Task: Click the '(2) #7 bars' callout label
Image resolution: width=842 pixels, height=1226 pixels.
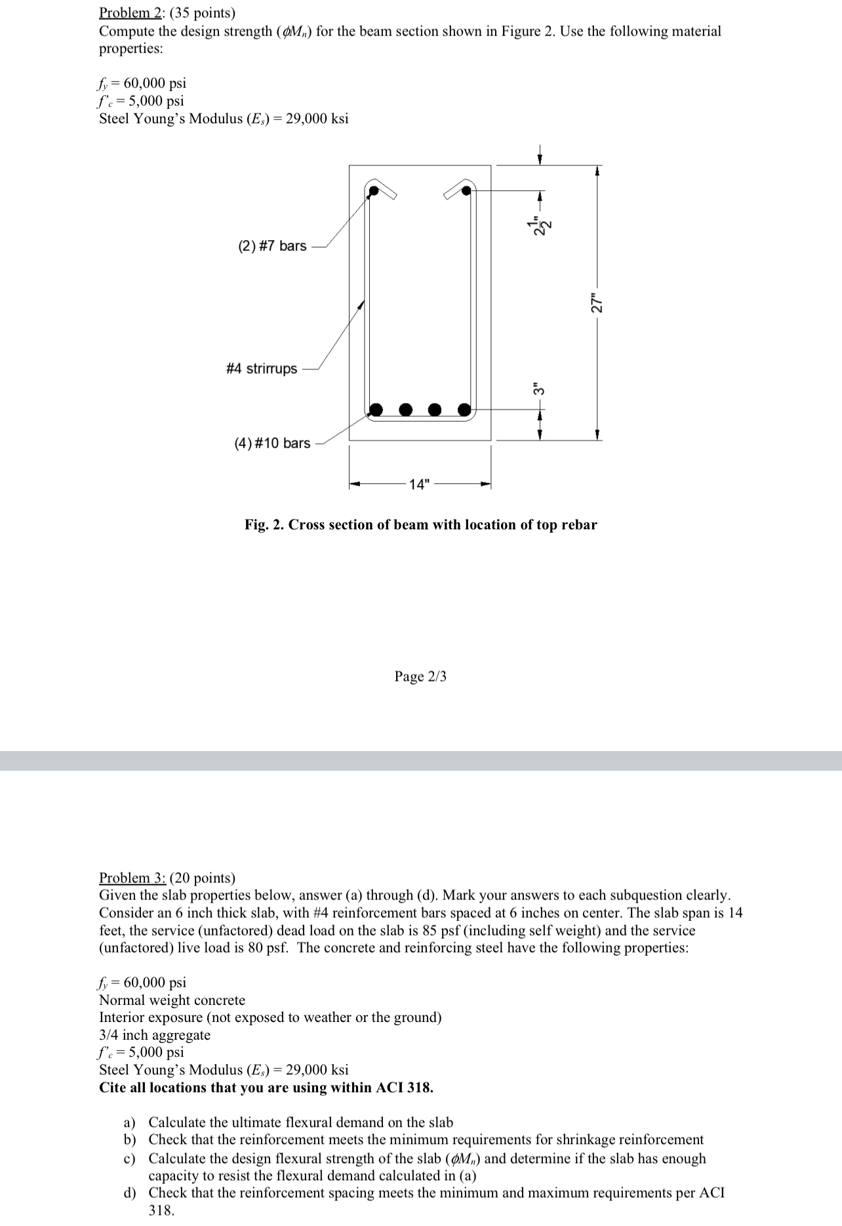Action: [x=271, y=246]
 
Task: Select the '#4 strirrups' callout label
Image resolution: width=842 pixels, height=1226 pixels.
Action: [x=262, y=369]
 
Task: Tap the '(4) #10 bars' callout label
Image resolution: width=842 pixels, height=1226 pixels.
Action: [x=272, y=443]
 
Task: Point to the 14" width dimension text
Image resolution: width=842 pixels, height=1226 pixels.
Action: [x=420, y=485]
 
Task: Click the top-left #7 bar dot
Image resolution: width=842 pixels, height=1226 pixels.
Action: [x=374, y=192]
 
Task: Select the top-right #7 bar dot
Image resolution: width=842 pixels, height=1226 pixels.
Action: [x=466, y=191]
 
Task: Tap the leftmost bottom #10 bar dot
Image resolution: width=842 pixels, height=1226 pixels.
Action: [x=376, y=410]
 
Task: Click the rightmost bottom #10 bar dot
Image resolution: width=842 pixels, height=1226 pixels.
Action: [x=464, y=410]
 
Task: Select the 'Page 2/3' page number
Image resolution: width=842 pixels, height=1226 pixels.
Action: [x=420, y=676]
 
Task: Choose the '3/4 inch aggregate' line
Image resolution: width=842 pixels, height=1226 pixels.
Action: [x=155, y=1035]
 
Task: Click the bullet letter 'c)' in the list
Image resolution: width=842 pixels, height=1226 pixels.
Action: [x=130, y=1159]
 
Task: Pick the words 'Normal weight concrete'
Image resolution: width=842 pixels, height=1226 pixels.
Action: [x=172, y=1000]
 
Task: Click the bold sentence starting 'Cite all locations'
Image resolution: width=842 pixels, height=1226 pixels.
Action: [x=266, y=1088]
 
